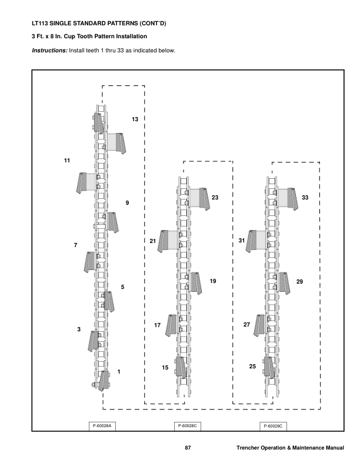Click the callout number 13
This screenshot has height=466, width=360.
(x=135, y=119)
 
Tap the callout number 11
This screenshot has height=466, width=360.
(x=67, y=160)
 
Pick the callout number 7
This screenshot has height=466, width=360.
(x=75, y=244)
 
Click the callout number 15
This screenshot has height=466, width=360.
(x=165, y=367)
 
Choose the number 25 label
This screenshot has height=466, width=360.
(x=252, y=366)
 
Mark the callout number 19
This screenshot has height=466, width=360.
(x=213, y=281)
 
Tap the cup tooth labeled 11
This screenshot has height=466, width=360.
(x=86, y=182)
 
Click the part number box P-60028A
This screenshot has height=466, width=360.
(x=103, y=425)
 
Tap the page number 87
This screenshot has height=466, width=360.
(x=188, y=449)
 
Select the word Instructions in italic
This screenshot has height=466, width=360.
(x=49, y=50)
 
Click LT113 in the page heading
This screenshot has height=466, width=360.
(x=39, y=25)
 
